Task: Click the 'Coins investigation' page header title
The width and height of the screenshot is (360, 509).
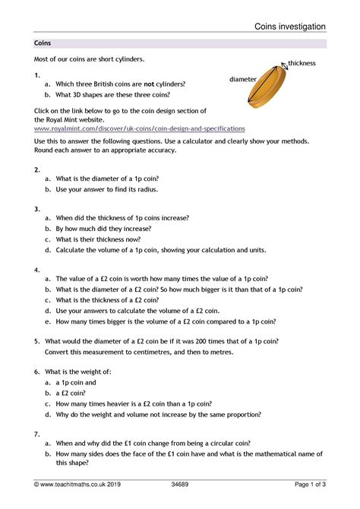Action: tap(290, 26)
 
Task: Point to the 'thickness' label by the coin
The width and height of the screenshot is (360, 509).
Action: tap(302, 63)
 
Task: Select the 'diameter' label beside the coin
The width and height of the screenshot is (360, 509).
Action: tap(243, 79)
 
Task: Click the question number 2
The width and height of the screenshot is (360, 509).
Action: tap(36, 169)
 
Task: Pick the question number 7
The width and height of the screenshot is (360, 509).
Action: tap(36, 433)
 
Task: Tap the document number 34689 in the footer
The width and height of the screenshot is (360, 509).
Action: tap(181, 494)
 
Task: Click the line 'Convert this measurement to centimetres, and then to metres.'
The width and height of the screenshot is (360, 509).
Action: tap(139, 353)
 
